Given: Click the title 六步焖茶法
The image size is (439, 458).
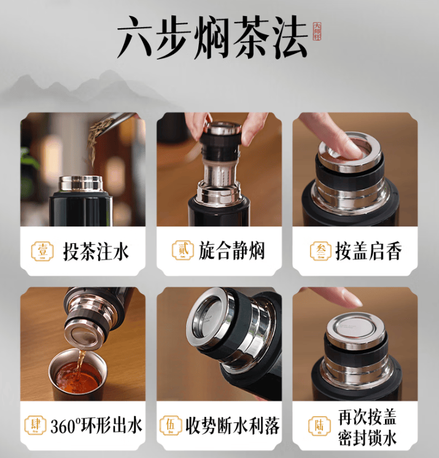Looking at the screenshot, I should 212,38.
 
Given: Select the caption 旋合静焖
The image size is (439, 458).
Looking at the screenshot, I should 231,251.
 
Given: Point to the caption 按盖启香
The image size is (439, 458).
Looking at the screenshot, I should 368,251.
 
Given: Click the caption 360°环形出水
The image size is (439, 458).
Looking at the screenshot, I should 96,425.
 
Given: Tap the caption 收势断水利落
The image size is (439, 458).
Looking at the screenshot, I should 231,425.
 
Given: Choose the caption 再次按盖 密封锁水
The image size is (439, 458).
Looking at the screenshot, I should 367,425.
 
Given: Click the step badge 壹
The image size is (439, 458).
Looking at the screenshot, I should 42,251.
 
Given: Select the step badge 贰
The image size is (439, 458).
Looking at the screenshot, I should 177,251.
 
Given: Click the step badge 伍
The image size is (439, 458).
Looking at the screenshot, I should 169,425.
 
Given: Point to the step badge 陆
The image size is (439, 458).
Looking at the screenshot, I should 319,425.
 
